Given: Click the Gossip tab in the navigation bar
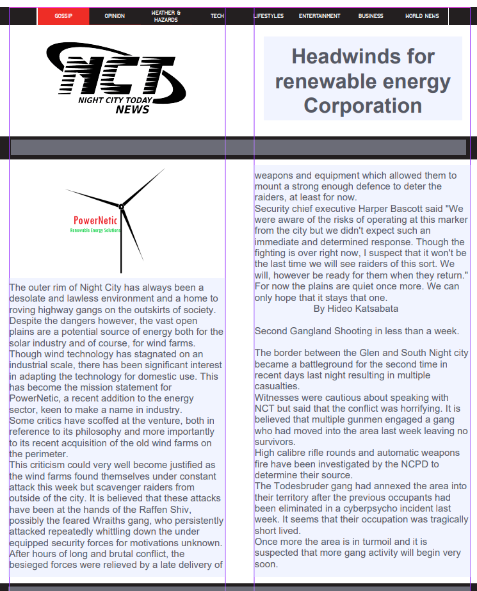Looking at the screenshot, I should click(63, 16).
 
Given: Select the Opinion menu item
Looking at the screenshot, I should click(115, 16).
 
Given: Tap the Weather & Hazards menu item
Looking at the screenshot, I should click(166, 16).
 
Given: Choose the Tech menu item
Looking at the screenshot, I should click(217, 16).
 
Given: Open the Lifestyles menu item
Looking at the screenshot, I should click(269, 16).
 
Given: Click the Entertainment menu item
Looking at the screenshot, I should click(319, 16).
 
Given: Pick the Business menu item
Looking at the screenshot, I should click(371, 16).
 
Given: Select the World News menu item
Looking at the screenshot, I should click(422, 16).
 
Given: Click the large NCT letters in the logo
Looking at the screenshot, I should click(115, 74).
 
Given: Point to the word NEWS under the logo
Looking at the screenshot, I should click(133, 109).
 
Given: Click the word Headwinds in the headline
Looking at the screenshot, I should click(333, 56).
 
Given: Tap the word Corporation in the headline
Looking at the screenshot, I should click(362, 105).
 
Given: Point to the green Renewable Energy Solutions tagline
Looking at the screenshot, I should click(95, 230).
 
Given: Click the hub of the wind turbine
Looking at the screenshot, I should click(121, 206).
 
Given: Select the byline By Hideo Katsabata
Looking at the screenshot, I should click(355, 309).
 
